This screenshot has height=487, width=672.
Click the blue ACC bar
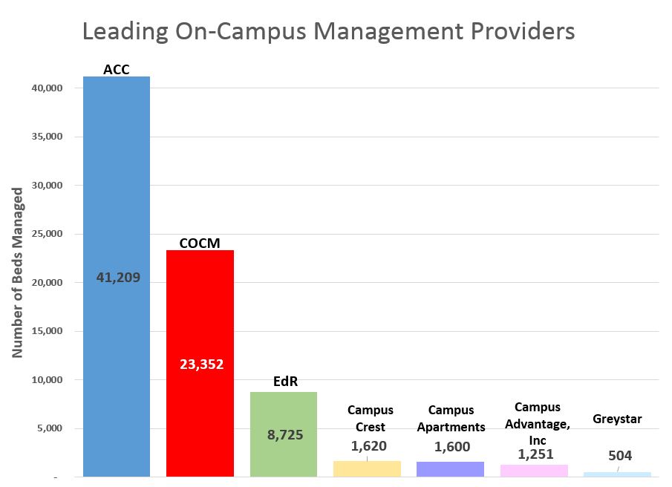pos(117,186)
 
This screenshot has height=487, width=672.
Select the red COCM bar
pos(200,312)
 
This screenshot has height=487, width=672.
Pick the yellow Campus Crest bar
pos(367,468)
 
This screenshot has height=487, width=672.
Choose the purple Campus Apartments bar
pos(451,468)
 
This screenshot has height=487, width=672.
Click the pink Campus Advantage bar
pos(535,470)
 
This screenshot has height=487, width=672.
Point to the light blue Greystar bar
pos(617,474)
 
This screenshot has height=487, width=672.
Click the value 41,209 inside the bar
pos(118,278)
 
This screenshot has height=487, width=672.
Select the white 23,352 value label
pos(201,364)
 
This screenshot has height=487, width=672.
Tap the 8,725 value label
pos(284,435)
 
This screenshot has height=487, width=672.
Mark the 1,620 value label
pos(368,445)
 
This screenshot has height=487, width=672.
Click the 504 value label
pos(619,456)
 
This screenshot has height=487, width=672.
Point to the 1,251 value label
pos(535,454)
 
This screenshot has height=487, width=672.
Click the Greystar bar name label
pos(617,419)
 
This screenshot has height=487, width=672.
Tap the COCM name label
pos(200,243)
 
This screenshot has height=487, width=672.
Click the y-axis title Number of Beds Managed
pos(18,272)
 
